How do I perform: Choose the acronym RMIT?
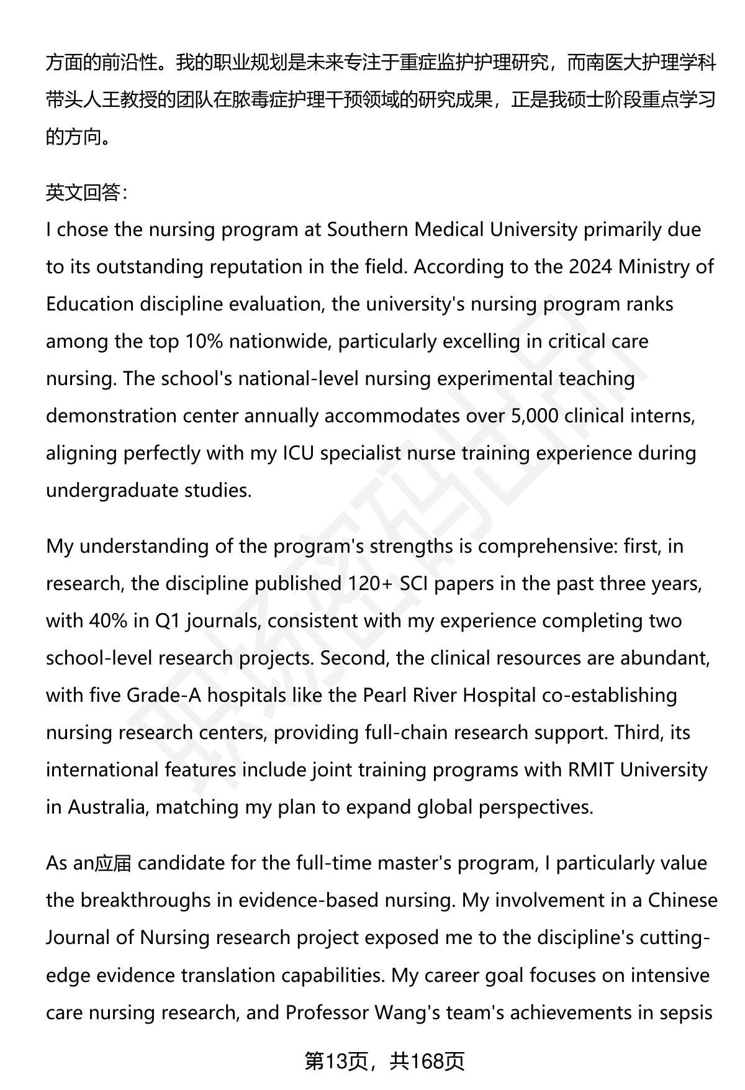coord(590,770)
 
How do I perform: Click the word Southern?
coord(367,230)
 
